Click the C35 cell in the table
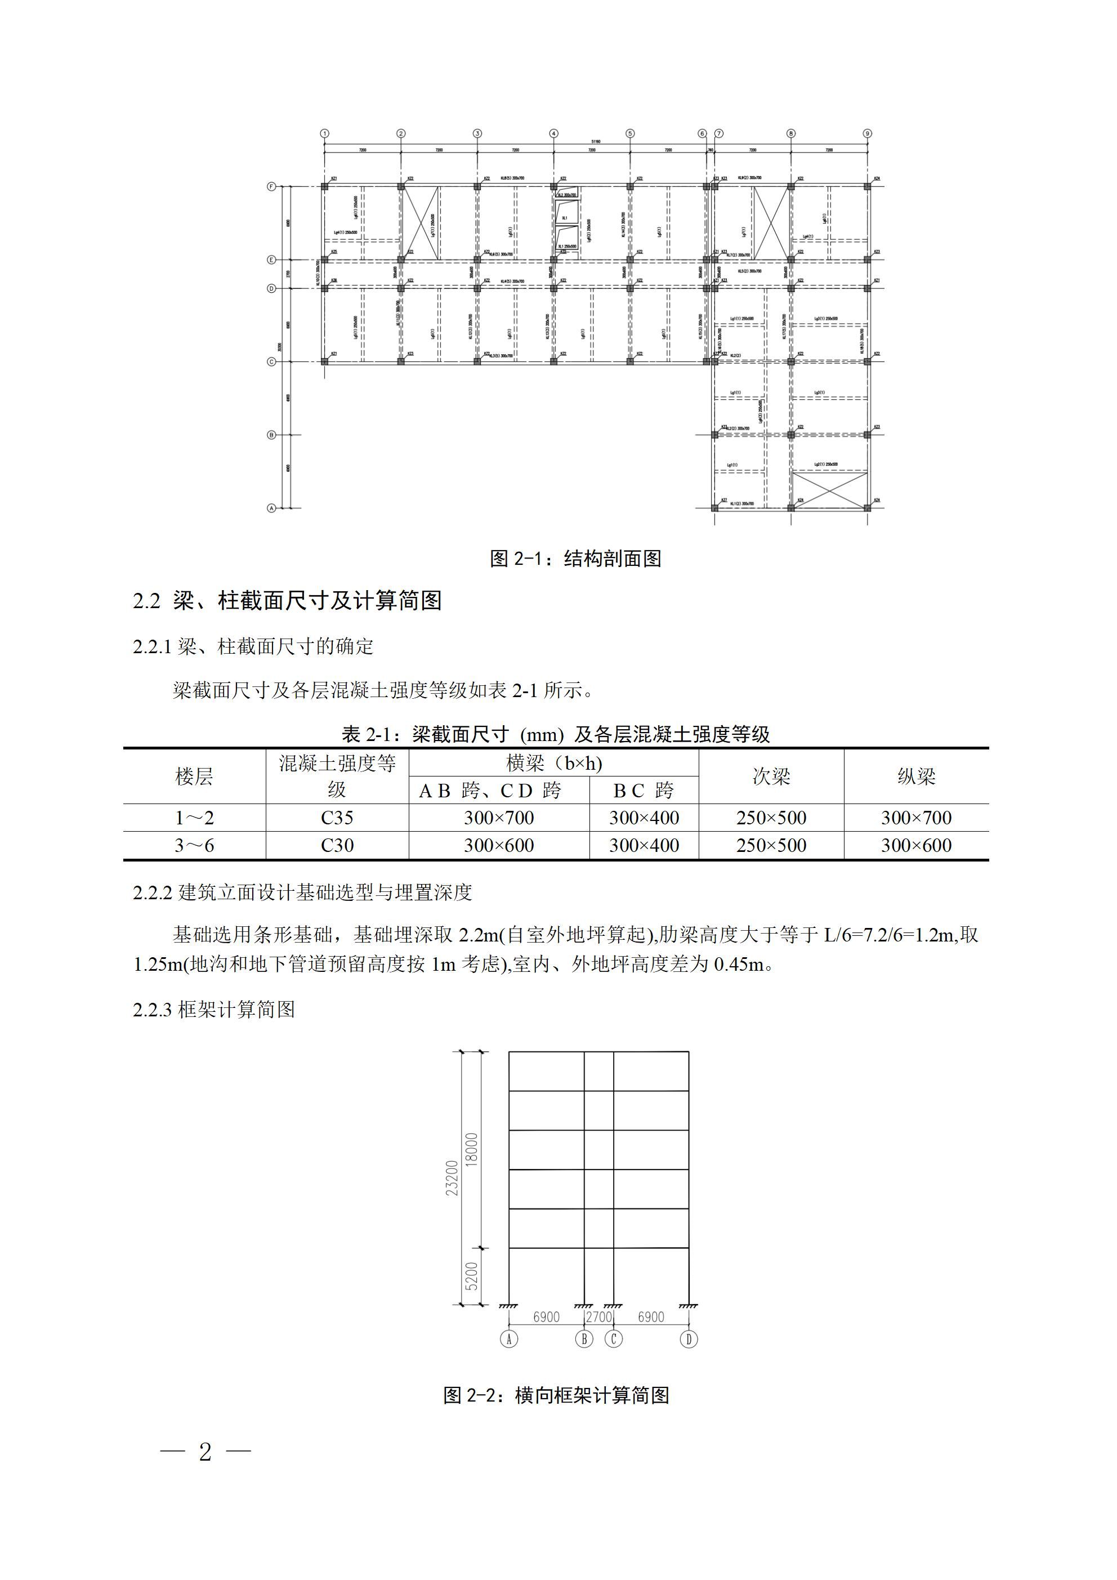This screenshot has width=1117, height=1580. [337, 818]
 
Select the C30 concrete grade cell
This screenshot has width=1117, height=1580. [337, 845]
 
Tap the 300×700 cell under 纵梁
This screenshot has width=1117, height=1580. [916, 818]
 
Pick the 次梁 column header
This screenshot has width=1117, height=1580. [771, 776]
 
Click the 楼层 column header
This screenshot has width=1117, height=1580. [194, 776]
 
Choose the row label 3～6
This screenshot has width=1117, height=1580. [194, 845]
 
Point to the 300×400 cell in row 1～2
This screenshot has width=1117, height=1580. [644, 818]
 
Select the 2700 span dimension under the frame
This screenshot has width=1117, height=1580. [599, 1316]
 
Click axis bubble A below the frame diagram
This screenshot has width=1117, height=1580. [508, 1338]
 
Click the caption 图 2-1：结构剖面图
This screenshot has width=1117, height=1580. [575, 558]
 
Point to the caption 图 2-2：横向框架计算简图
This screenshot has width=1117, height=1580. [556, 1395]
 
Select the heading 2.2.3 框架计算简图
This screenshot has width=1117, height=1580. [214, 1010]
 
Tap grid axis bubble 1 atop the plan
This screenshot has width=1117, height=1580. [325, 133]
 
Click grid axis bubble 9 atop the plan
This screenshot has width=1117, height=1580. [867, 133]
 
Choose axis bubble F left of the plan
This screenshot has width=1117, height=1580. [272, 186]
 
